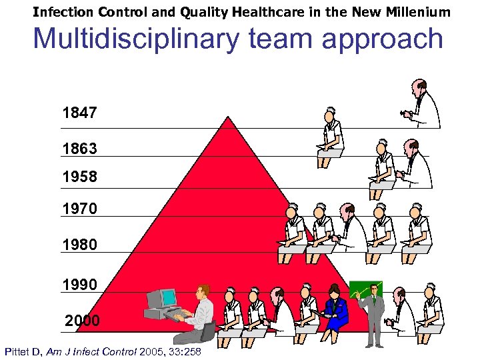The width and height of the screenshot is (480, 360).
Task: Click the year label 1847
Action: click(79, 113)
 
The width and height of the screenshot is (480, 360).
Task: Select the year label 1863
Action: click(79, 149)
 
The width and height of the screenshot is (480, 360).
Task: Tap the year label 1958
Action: click(79, 177)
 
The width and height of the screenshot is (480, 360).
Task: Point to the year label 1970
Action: click(79, 209)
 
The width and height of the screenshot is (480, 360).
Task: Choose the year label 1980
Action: click(79, 245)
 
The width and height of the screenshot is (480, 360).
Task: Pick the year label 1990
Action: click(79, 285)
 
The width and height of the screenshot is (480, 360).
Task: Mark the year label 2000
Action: click(82, 321)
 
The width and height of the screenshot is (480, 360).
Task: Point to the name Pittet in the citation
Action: click(19, 351)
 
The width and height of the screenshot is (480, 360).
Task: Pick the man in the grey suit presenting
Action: click(374, 313)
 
